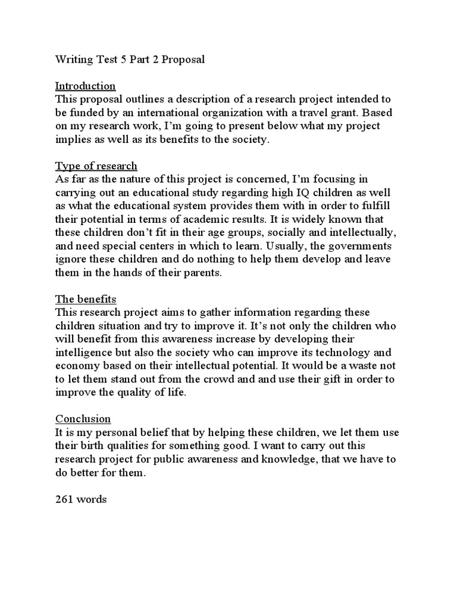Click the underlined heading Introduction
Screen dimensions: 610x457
pyautogui.click(x=86, y=86)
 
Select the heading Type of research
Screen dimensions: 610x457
pyautogui.click(x=96, y=166)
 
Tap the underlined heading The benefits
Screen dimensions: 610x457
pyautogui.click(x=86, y=299)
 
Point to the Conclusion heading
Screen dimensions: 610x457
pyautogui.click(x=83, y=418)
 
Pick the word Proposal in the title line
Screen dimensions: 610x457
pyautogui.click(x=185, y=60)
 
